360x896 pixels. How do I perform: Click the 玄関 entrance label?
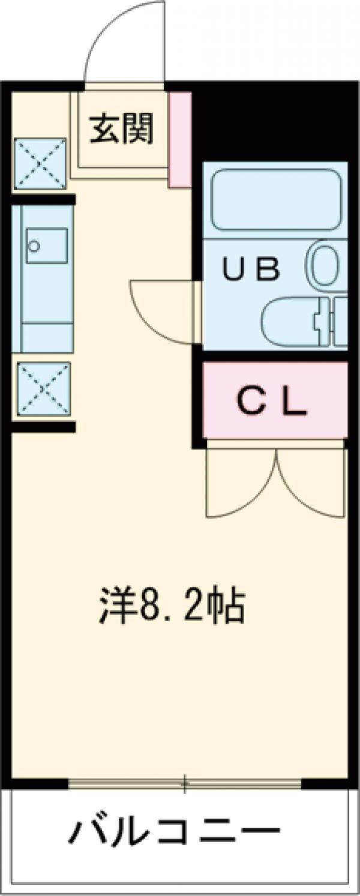tap(122, 128)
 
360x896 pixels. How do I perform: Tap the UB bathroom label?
tap(251, 269)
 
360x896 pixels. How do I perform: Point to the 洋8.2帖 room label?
tap(171, 608)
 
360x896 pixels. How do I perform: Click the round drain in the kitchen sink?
tap(35, 245)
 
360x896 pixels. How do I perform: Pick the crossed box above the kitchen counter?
tap(40, 163)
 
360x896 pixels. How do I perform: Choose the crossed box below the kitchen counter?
tap(43, 388)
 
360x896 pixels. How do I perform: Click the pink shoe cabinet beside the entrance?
tap(179, 139)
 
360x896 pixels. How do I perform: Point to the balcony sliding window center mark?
tap(185, 783)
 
